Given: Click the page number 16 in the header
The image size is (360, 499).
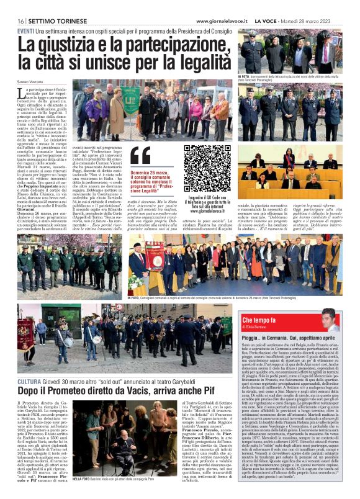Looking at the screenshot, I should pyautogui.click(x=20, y=21).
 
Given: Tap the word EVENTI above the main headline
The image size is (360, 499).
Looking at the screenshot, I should pyautogui.click(x=26, y=30).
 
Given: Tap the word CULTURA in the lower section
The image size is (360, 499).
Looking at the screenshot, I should pyautogui.click(x=30, y=380).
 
